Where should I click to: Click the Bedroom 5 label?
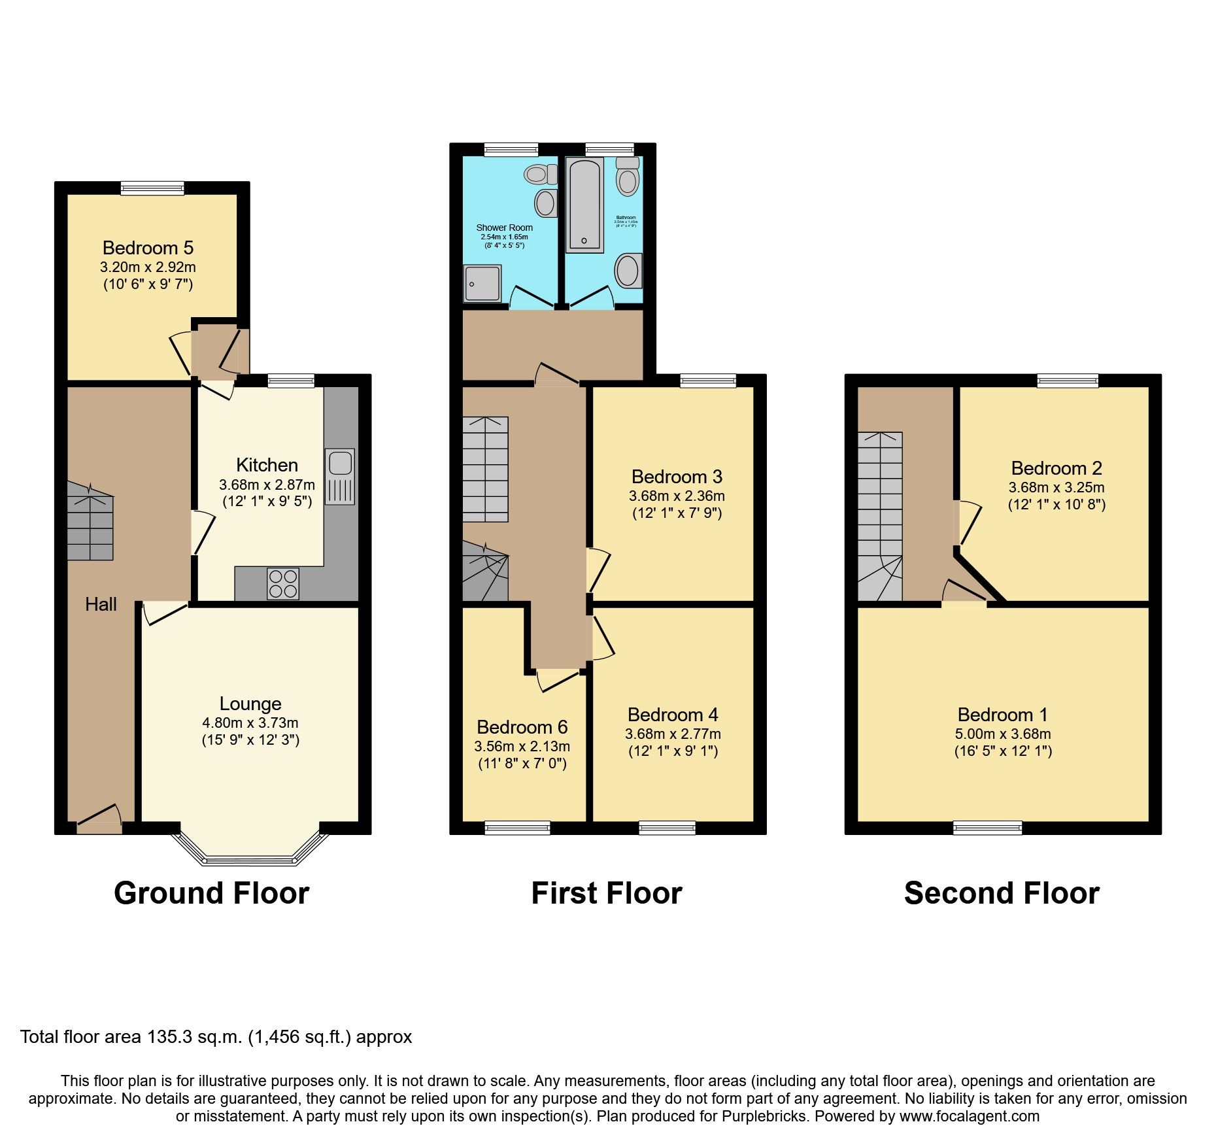point(148,248)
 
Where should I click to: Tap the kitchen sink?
point(340,463)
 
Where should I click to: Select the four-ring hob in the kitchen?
point(282,584)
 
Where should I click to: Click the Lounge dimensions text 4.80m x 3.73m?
point(250,723)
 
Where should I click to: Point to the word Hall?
point(101,604)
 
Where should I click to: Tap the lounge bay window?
point(249,858)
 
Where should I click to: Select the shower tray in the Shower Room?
point(482,283)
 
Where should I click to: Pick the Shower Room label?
point(504,228)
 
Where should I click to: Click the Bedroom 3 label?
point(677,477)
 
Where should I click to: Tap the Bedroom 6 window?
point(517,828)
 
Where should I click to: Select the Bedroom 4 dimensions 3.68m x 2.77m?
point(673,734)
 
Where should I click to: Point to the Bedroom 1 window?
point(987,828)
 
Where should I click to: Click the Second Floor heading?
point(1002,893)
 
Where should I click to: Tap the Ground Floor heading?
point(211,893)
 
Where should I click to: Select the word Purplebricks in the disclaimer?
point(764,1116)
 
